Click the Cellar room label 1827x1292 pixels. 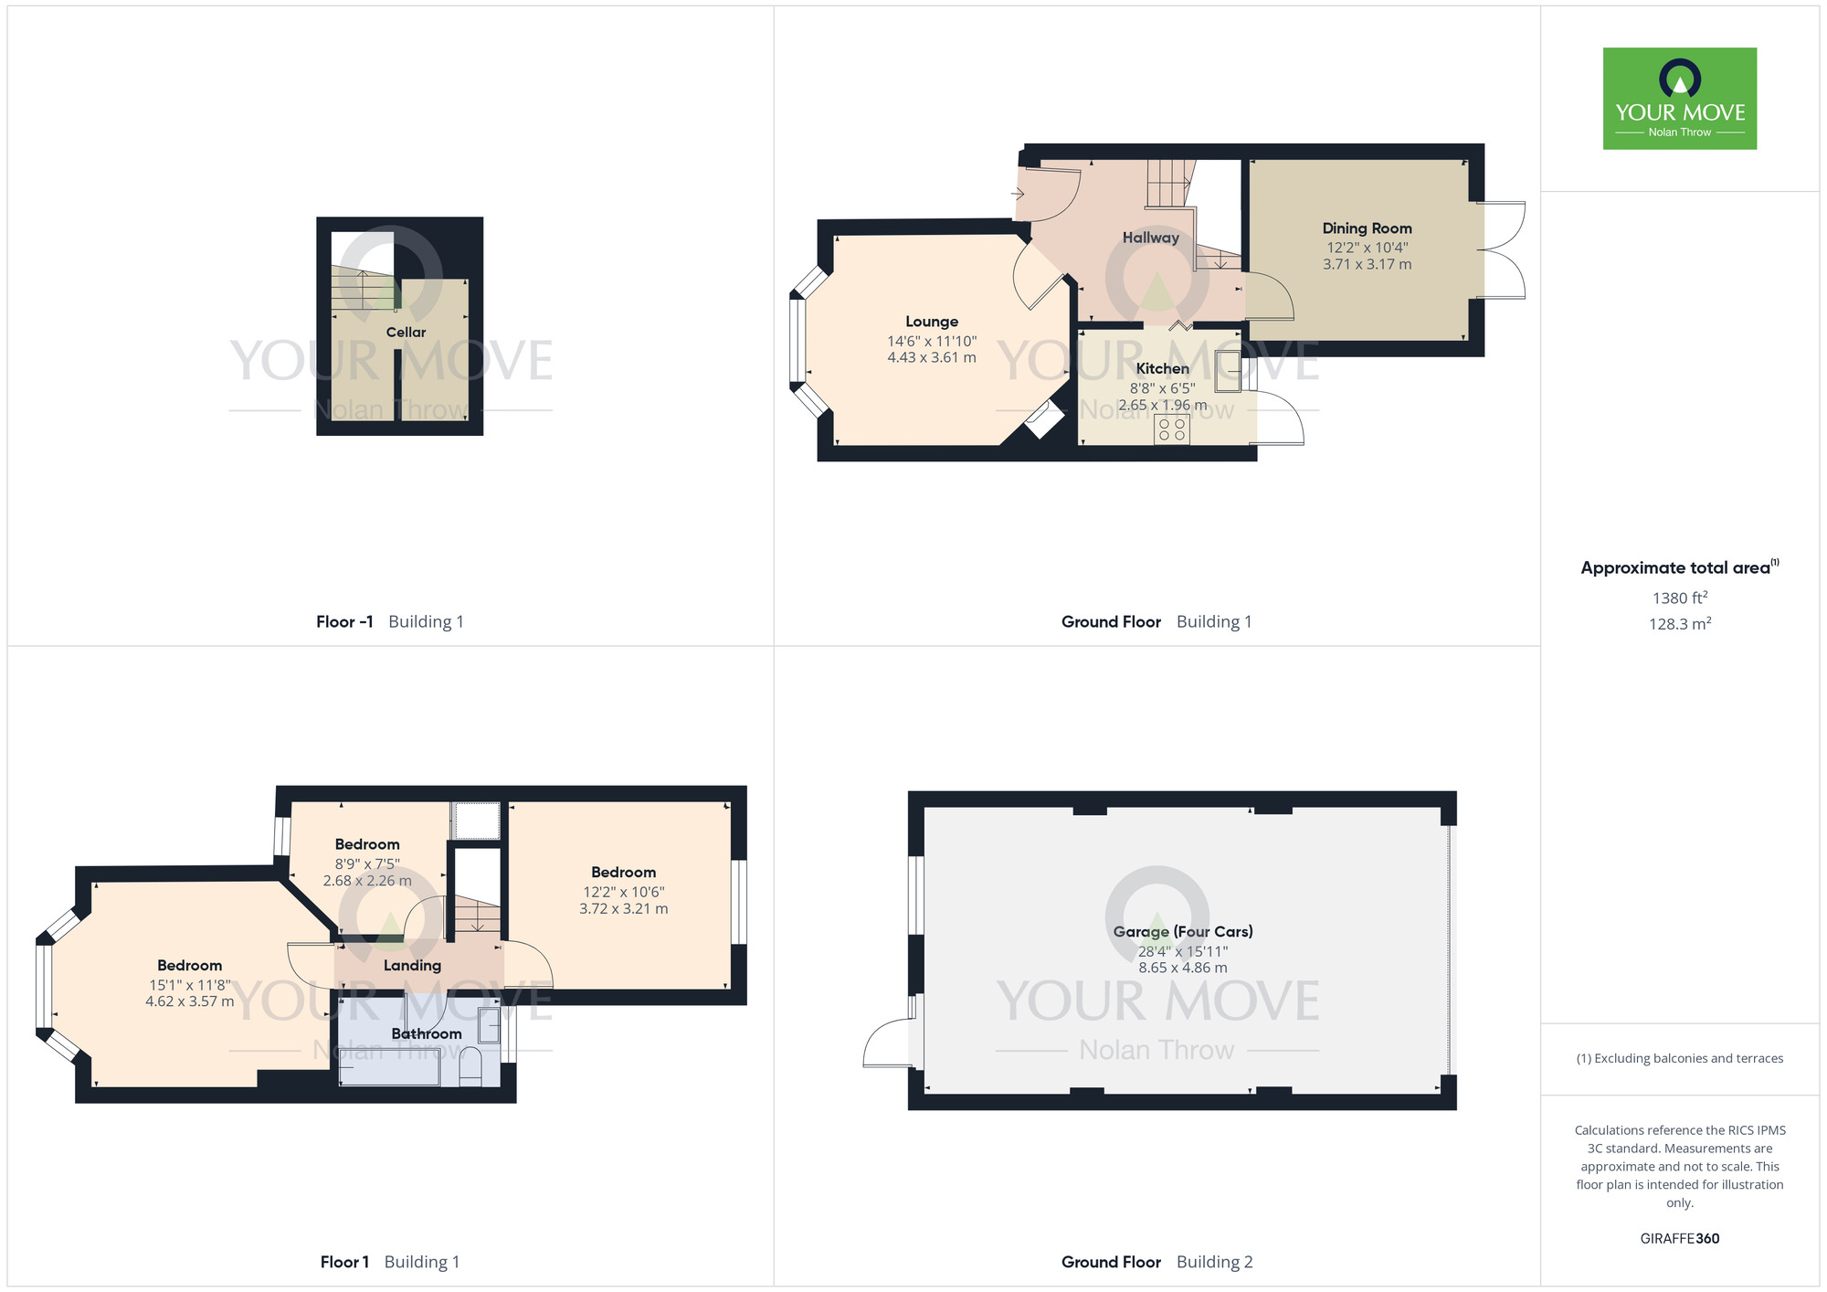tap(406, 333)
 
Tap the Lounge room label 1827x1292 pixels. tap(931, 322)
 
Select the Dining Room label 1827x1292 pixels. tap(1367, 228)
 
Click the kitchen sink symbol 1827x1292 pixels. tap(1227, 370)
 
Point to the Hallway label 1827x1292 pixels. tap(1150, 238)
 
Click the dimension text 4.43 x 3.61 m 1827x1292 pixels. tap(931, 358)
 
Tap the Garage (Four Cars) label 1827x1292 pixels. tap(1182, 932)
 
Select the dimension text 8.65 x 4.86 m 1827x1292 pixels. tap(1182, 968)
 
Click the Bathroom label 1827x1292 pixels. tap(426, 1034)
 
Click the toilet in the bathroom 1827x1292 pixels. tap(470, 1067)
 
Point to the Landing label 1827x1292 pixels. tap(412, 966)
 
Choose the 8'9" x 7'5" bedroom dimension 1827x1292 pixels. tap(367, 863)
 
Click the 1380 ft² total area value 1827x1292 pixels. tap(1679, 598)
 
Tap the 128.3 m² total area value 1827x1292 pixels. tap(1679, 624)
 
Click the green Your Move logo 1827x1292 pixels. tap(1679, 99)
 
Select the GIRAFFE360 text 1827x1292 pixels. tap(1679, 1239)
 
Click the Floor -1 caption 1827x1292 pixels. tap(344, 622)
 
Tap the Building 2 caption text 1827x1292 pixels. tap(1214, 1263)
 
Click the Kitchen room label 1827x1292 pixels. tap(1162, 369)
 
